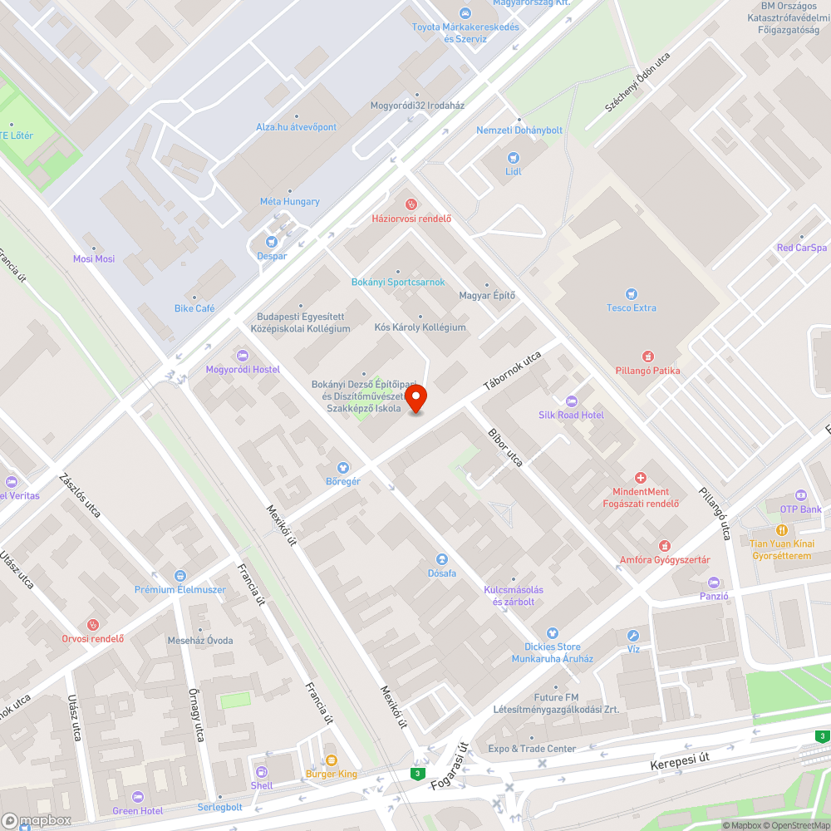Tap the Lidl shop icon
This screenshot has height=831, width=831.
(513, 157)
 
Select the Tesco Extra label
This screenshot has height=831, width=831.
(631, 307)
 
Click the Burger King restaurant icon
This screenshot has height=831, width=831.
(331, 760)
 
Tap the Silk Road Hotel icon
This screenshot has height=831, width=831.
(570, 401)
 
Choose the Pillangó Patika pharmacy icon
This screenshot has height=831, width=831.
(647, 356)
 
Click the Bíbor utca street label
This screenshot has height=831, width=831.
(504, 448)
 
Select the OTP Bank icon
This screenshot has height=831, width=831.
(800, 495)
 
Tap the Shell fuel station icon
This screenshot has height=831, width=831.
(262, 771)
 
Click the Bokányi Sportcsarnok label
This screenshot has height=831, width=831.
(398, 283)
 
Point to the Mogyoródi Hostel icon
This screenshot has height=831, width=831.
(243, 356)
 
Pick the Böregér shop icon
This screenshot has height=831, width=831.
(342, 468)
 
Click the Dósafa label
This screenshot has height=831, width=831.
(441, 573)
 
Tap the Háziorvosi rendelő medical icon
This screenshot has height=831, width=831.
(411, 204)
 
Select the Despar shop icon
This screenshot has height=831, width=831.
(272, 242)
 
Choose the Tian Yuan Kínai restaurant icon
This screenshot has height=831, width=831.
(780, 530)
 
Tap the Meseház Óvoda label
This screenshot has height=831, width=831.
(200, 641)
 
